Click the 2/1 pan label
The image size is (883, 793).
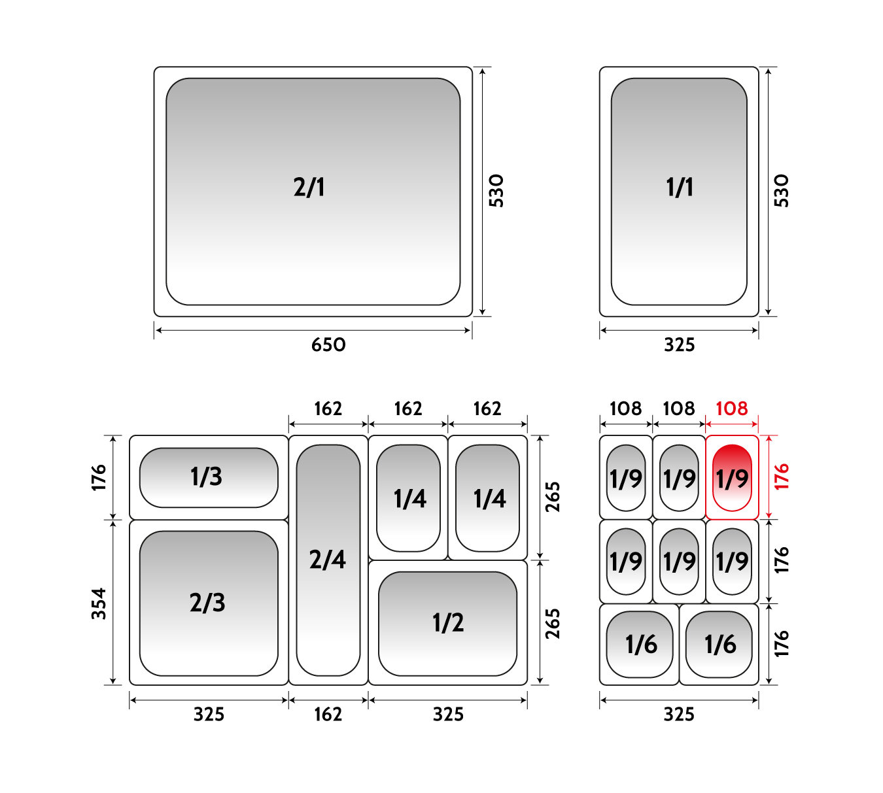pos(309,188)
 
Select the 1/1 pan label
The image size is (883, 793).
pos(680,188)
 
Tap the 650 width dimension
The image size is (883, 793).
pos(328,345)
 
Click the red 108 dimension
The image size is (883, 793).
pos(732,409)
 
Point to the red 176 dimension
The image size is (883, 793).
pos(782,477)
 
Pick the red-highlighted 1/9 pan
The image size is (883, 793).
pos(732,477)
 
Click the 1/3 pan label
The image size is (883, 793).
pos(206,476)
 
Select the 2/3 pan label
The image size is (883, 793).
pos(207,603)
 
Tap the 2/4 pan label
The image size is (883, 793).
pos(328,560)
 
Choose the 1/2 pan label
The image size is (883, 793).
pos(448,622)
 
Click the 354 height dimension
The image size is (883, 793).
pos(99,603)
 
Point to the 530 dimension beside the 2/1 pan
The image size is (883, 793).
pos(496,191)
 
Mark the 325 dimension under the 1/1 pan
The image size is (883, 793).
pos(680,345)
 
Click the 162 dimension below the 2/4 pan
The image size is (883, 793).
pos(328,715)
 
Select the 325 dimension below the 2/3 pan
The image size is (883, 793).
pos(209,715)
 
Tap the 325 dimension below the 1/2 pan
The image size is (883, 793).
pos(448,715)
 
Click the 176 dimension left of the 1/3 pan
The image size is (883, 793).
pos(99,477)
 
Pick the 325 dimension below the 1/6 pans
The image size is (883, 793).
pos(679,715)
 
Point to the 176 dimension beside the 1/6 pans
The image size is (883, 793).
pos(782,643)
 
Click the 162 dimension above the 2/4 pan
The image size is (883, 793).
pos(328,409)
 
